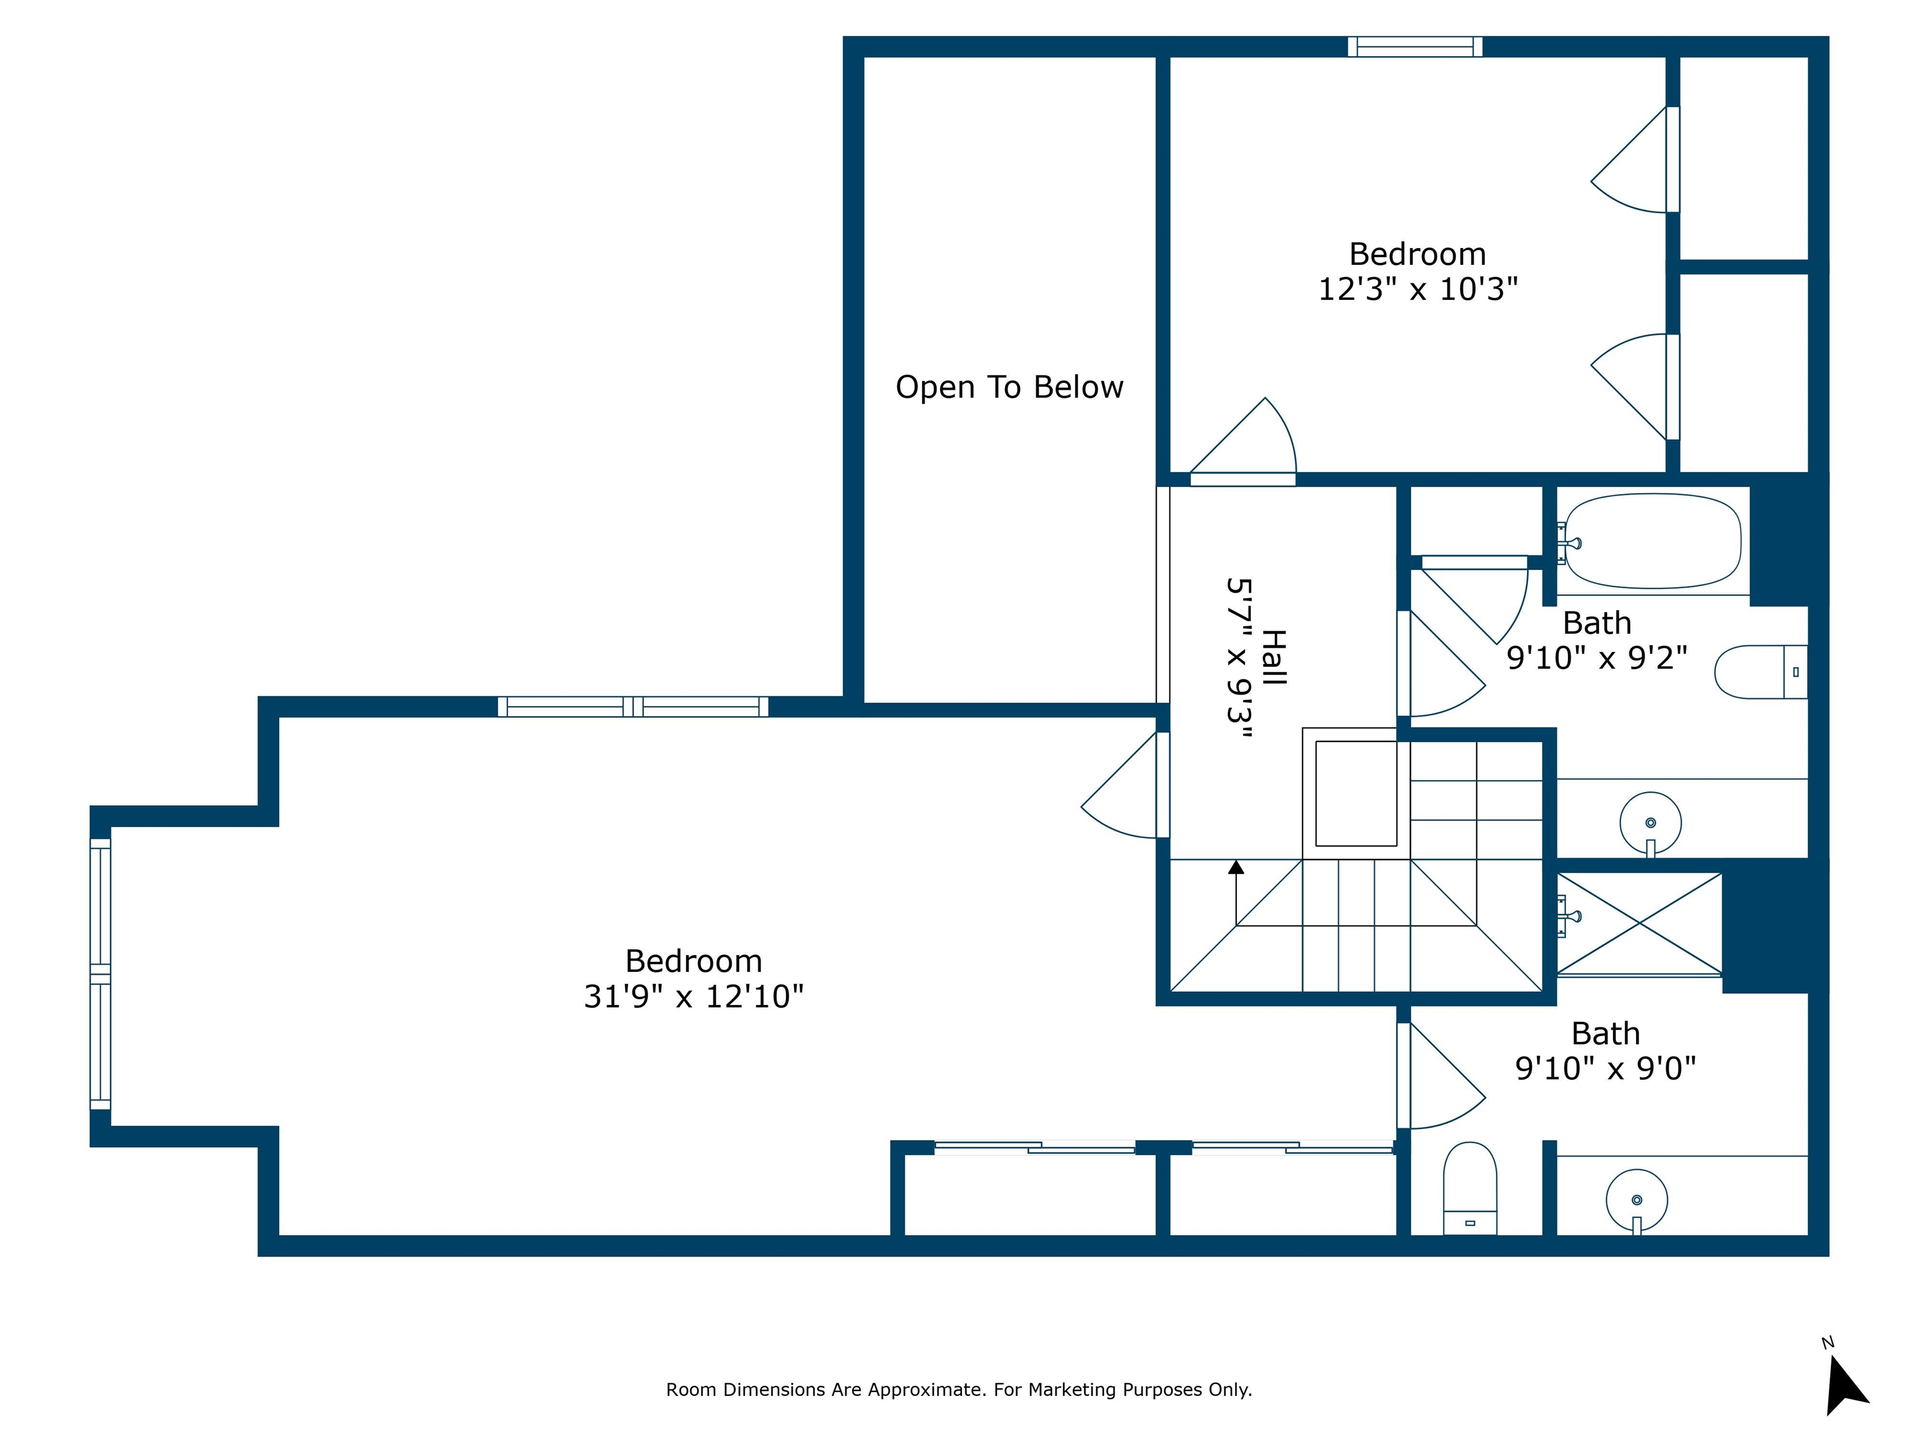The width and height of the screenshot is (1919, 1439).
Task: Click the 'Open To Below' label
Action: click(1009, 388)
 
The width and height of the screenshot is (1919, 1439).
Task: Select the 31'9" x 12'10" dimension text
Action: click(693, 997)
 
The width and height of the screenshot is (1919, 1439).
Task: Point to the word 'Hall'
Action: click(1272, 658)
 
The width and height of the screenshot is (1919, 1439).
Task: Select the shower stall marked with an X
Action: click(1640, 923)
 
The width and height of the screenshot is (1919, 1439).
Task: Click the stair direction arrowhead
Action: click(1236, 866)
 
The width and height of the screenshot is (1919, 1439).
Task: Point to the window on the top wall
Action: click(1415, 47)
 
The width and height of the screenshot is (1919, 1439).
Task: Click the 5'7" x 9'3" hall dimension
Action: click(1240, 658)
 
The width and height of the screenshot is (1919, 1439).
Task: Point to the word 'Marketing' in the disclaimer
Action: click(1073, 1390)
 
